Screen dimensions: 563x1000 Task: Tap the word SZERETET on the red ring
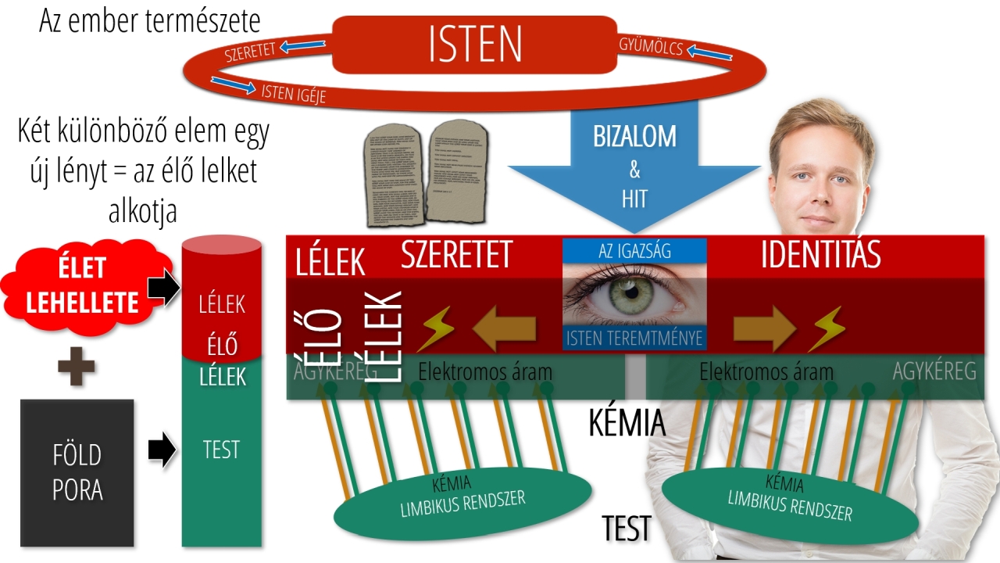click(250, 52)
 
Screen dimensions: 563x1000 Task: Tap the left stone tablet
click(395, 175)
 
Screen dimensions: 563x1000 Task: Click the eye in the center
click(634, 292)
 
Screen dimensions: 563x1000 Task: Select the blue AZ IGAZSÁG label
click(634, 251)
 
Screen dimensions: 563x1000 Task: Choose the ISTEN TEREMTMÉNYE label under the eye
click(634, 338)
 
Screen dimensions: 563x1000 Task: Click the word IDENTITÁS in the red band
click(820, 255)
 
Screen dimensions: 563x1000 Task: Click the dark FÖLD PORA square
click(77, 472)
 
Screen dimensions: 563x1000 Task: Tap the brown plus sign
click(77, 368)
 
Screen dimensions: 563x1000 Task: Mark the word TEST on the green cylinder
click(221, 450)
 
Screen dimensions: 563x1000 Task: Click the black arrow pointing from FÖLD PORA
click(162, 451)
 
